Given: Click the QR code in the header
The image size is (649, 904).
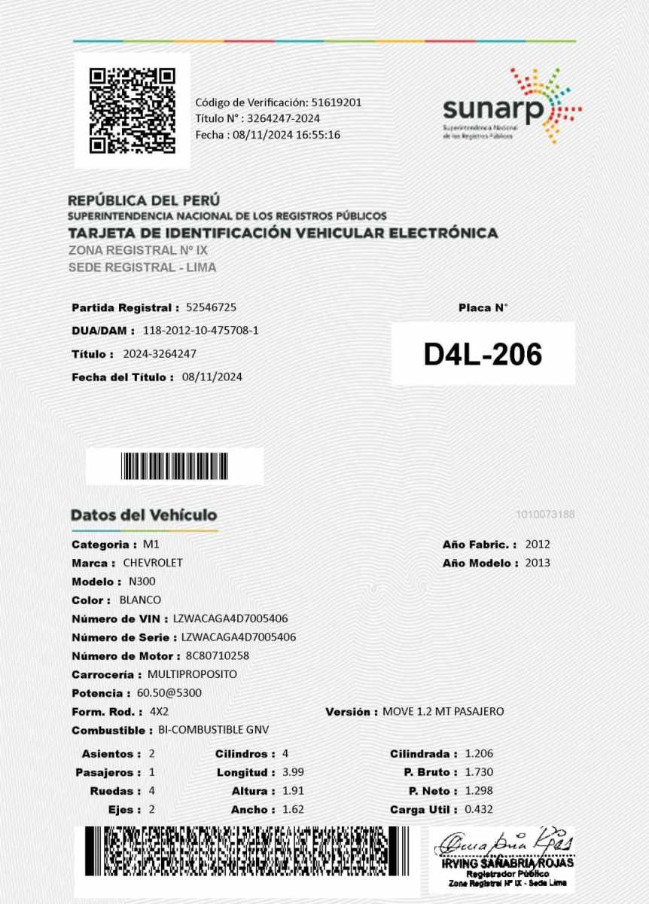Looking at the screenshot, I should coord(132,110).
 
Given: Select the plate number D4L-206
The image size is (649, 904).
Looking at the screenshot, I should coord(483,354).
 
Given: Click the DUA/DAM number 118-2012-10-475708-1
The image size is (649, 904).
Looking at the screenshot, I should coord(200,330).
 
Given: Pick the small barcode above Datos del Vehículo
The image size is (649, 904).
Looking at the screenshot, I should coord(174,466).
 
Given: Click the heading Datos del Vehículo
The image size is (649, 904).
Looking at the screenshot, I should coord(144,515).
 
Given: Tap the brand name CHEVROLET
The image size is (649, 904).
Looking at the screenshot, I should coord(152,563).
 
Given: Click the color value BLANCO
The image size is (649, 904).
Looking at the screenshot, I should coord(140,600).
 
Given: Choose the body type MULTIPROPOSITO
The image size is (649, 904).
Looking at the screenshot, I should coord(192,674).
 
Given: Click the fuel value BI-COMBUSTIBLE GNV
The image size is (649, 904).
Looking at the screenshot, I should coord(213,730).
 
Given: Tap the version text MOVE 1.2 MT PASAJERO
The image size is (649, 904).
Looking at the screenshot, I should coord(443,711).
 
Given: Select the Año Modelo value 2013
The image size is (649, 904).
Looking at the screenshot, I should coord(538,563).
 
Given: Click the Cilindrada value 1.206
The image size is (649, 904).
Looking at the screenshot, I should coord(479,753).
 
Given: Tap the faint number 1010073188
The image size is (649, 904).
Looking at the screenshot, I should coord(546,515).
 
